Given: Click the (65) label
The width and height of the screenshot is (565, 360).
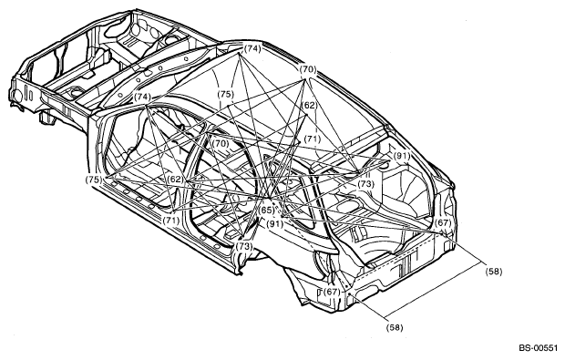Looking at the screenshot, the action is pyautogui.click(x=267, y=211).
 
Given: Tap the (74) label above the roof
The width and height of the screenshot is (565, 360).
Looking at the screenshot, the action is pyautogui.click(x=252, y=48).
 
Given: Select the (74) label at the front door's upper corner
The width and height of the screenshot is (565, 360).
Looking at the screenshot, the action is pyautogui.click(x=142, y=97).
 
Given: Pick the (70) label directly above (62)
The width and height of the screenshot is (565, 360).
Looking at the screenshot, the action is pyautogui.click(x=308, y=69).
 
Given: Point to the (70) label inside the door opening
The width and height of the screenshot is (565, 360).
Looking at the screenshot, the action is pyautogui.click(x=221, y=143).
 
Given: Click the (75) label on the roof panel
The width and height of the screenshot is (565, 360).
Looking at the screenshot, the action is pyautogui.click(x=226, y=95).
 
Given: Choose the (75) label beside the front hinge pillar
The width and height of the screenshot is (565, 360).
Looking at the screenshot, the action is pyautogui.click(x=94, y=180).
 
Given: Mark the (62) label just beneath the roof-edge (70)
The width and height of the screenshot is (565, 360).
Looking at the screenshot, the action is pyautogui.click(x=309, y=105).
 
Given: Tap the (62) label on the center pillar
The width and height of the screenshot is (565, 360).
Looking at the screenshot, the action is pyautogui.click(x=176, y=180).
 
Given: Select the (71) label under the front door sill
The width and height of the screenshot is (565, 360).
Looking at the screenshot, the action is pyautogui.click(x=170, y=220).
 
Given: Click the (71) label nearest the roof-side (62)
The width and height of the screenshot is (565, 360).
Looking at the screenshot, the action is pyautogui.click(x=312, y=139).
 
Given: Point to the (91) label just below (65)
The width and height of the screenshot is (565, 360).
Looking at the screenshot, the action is pyautogui.click(x=275, y=224).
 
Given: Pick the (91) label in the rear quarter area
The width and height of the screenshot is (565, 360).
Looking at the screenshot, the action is pyautogui.click(x=401, y=156).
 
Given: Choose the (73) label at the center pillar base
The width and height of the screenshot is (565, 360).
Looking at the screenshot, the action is pyautogui.click(x=244, y=246).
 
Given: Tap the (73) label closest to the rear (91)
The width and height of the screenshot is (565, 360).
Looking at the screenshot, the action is pyautogui.click(x=365, y=184).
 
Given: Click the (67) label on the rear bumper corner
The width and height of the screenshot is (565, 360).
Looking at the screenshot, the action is pyautogui.click(x=332, y=292).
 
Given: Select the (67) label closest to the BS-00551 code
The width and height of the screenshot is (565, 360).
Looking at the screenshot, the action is pyautogui.click(x=443, y=222).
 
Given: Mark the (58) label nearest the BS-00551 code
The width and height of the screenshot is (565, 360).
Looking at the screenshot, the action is pyautogui.click(x=493, y=272).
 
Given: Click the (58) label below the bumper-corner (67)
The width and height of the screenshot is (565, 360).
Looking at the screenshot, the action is pyautogui.click(x=395, y=327).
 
